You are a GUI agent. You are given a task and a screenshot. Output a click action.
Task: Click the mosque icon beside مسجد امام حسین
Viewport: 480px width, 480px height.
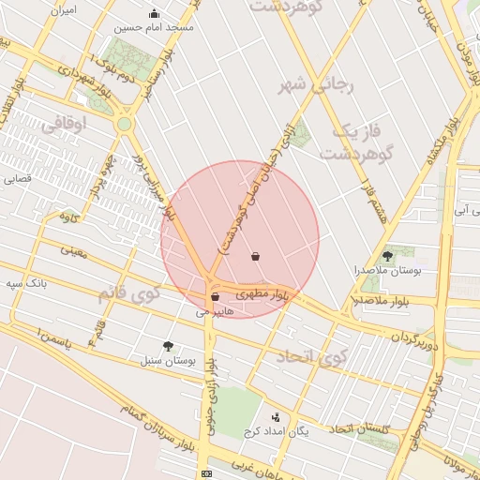[x=155, y=14]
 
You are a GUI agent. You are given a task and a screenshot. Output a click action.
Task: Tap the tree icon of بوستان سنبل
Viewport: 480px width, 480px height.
[x=168, y=345]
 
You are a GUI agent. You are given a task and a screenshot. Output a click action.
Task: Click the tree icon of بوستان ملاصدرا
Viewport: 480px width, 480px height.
[x=387, y=255]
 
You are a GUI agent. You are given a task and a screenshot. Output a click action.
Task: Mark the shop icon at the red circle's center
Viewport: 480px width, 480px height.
[x=256, y=256]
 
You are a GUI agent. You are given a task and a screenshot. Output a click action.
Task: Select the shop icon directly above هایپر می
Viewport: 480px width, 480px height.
[x=216, y=296]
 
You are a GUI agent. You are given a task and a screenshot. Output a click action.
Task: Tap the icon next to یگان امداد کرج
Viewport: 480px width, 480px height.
[x=275, y=417]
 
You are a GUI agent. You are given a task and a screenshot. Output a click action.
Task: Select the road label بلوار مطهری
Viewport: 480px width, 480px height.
[x=262, y=294]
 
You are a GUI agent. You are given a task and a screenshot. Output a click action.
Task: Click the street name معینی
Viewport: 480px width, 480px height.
[x=73, y=250]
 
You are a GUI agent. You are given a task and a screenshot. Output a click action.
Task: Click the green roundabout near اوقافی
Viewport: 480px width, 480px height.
[x=125, y=123]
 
